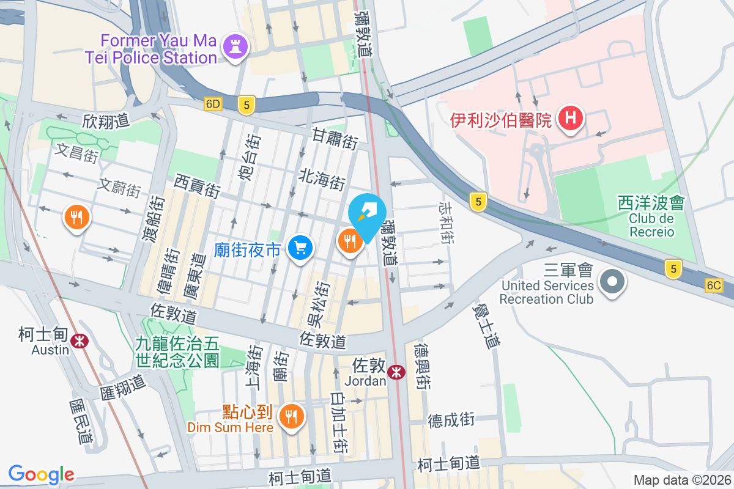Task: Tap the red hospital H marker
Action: click(570, 118)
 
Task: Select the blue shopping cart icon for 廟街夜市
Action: click(300, 248)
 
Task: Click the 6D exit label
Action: click(212, 104)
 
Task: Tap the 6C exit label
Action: click(713, 285)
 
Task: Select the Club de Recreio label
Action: click(650, 226)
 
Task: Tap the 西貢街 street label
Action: click(197, 185)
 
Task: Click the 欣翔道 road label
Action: click(106, 121)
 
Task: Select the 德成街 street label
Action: click(451, 420)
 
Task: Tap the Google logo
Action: click(41, 474)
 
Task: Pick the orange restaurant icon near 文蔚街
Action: click(77, 217)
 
